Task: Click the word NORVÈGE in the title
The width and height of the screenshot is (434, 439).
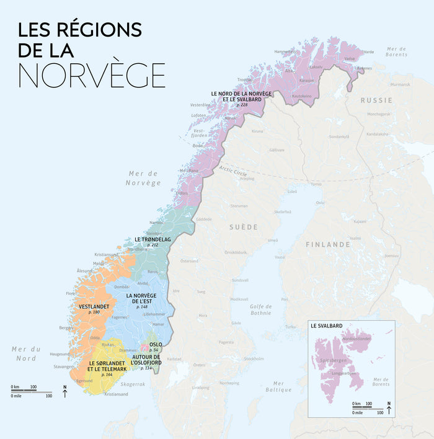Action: tap(92, 75)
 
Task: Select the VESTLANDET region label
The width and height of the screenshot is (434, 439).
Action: tap(94, 306)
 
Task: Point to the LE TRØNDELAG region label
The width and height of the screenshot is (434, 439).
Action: tap(153, 239)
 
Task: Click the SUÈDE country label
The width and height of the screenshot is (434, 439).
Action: tap(244, 227)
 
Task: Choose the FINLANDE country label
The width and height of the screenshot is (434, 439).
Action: tap(328, 244)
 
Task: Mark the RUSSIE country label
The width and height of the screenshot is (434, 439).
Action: tap(376, 100)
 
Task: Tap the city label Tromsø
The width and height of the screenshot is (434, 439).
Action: tap(245, 79)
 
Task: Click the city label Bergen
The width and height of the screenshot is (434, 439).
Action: tap(66, 327)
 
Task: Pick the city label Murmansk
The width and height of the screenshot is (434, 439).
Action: tap(400, 84)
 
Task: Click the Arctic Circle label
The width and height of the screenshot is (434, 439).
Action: tap(233, 169)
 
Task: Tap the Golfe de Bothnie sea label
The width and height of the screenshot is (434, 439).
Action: tap(260, 309)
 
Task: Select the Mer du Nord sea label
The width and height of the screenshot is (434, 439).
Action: tap(25, 353)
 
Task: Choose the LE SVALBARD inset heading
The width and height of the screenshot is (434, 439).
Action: tap(327, 325)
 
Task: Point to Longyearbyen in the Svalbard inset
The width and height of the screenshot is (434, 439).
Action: tap(345, 373)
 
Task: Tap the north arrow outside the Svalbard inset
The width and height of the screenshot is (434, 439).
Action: tap(65, 392)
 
